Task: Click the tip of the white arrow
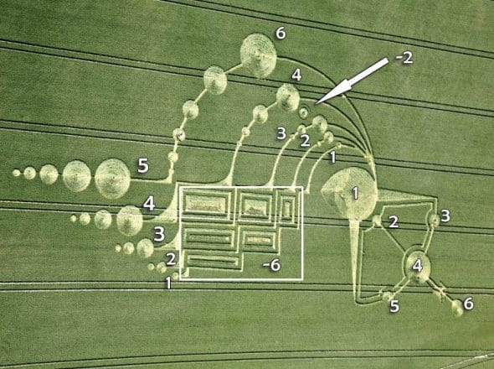click(316, 104)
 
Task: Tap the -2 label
click(404, 58)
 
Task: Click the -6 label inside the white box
click(272, 265)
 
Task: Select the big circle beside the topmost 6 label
click(259, 55)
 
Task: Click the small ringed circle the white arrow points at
click(303, 112)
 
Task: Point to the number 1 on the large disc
click(355, 193)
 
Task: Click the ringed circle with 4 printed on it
click(418, 266)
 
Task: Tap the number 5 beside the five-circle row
click(143, 166)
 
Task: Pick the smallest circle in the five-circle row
click(17, 173)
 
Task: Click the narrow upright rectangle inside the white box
click(287, 208)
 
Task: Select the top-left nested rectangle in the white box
click(207, 204)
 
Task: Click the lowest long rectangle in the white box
click(214, 261)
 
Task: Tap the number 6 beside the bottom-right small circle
click(468, 304)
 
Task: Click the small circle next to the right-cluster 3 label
click(434, 220)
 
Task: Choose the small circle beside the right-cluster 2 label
click(377, 220)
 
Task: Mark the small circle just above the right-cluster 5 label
click(387, 296)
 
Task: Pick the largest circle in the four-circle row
click(130, 221)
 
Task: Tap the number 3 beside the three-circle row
click(159, 235)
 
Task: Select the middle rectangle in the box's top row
click(255, 206)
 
